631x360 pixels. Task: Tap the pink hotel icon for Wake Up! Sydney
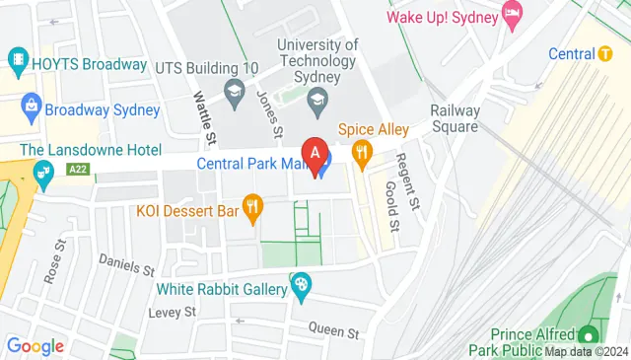(x=512, y=15)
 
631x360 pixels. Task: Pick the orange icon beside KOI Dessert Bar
(x=253, y=207)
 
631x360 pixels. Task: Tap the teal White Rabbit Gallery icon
(x=302, y=289)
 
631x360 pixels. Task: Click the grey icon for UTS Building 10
(x=234, y=96)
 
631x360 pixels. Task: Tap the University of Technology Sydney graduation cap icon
(x=316, y=98)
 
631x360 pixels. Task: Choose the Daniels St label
(x=127, y=263)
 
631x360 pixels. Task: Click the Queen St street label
(x=330, y=327)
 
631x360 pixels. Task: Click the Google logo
(x=35, y=345)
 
